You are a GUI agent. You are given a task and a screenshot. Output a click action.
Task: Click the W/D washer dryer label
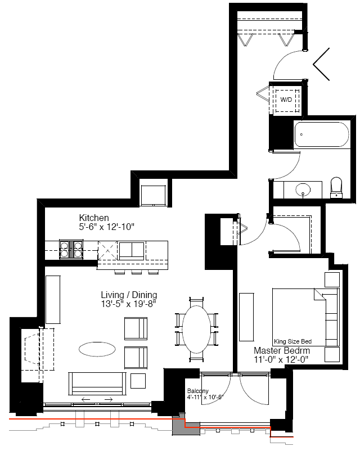pyautogui.click(x=286, y=100)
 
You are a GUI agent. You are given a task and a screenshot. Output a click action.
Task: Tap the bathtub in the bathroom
pyautogui.click(x=321, y=134)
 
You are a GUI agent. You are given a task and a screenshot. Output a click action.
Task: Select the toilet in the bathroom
pyautogui.click(x=336, y=187)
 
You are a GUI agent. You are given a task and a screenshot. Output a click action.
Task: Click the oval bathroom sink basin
pyautogui.click(x=303, y=190)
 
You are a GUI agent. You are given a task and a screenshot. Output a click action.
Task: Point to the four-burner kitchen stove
pyautogui.click(x=71, y=249)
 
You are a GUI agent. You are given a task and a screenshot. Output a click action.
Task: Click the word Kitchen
pyautogui.click(x=94, y=218)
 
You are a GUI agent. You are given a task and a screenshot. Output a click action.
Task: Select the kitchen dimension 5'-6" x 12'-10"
pyautogui.click(x=106, y=227)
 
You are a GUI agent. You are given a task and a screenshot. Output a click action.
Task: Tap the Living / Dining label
pyautogui.click(x=129, y=295)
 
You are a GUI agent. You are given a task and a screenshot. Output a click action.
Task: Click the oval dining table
pyautogui.click(x=196, y=330)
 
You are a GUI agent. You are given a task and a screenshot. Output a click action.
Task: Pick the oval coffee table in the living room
pyautogui.click(x=97, y=349)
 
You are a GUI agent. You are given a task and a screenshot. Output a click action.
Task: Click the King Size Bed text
pyautogui.click(x=292, y=341)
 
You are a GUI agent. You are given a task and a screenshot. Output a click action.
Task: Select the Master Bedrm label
pyautogui.click(x=282, y=350)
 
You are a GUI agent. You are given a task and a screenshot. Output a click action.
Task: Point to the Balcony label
pyautogui.click(x=197, y=391)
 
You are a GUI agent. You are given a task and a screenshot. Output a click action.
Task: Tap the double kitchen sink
pyautogui.click(x=132, y=250)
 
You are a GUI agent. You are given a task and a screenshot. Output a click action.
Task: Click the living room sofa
pyautogui.click(x=97, y=384)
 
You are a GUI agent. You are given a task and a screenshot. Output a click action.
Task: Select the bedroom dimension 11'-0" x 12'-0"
pyautogui.click(x=281, y=359)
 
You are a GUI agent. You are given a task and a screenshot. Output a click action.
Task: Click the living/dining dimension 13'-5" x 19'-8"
pyautogui.click(x=128, y=304)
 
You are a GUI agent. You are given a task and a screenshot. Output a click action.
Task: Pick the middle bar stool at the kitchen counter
pyautogui.click(x=136, y=272)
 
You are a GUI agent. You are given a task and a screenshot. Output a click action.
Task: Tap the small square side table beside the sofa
pyautogui.click(x=138, y=381)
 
